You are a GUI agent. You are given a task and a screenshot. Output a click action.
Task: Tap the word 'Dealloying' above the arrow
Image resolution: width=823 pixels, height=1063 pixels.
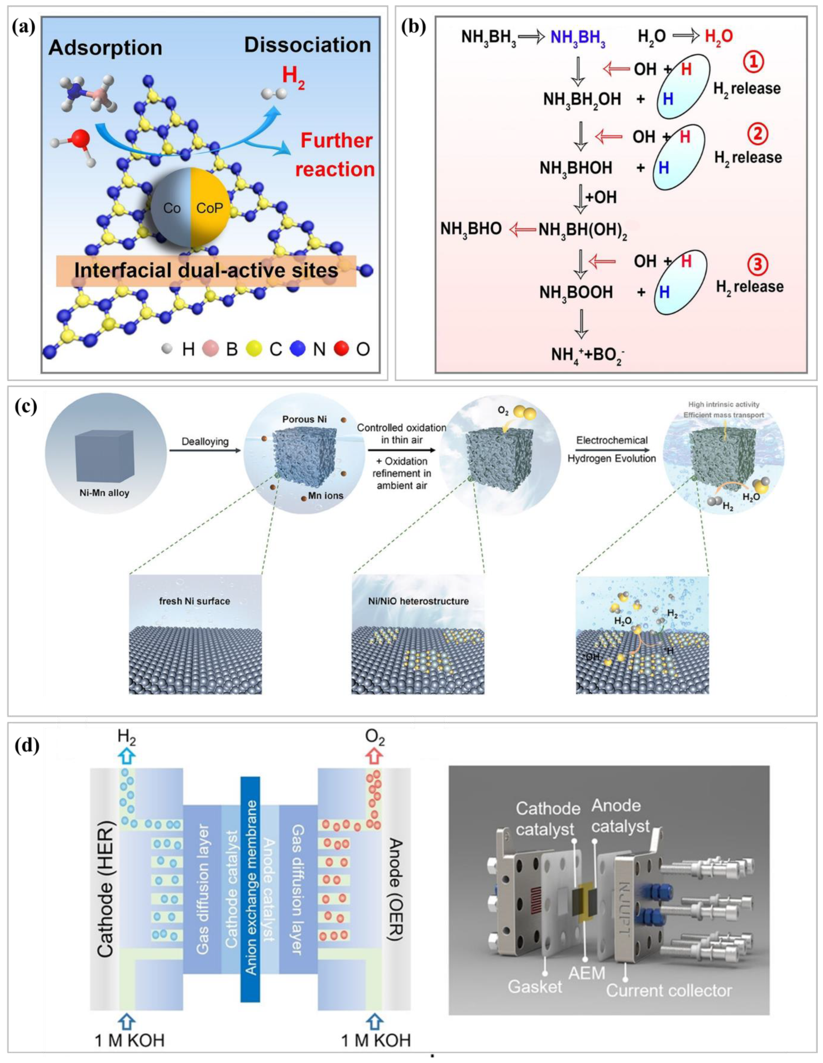(x=205, y=441)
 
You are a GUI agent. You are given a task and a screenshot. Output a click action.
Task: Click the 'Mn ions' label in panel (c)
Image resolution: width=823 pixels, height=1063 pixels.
(x=325, y=495)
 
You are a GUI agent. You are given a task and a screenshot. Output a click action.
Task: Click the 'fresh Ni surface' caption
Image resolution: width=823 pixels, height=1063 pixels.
(x=195, y=601)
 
